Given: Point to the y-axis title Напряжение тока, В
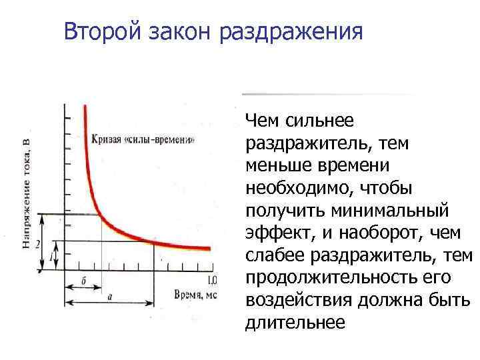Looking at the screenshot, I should tap(26, 191).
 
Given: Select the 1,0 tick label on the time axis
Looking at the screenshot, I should tap(212, 280).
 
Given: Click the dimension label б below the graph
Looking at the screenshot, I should tap(83, 281).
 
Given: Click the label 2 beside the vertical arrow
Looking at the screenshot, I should tap(39, 243).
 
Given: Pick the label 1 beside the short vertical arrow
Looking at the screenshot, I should tap(51, 257).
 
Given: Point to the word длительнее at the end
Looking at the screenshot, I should tap(295, 323).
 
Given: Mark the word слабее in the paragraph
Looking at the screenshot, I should tap(273, 256).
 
